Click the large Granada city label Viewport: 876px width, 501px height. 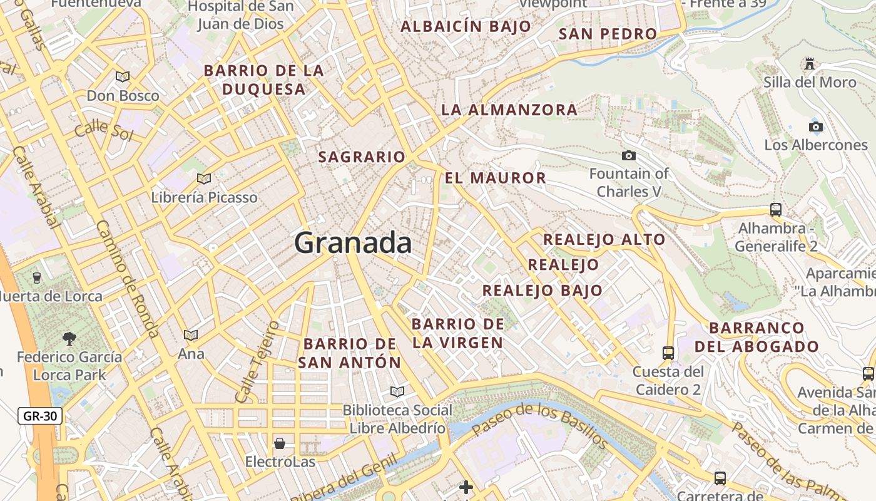point(353,242)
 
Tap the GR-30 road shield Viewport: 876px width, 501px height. point(40,415)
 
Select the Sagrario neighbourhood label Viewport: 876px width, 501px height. point(362,157)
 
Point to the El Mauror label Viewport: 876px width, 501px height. point(496,178)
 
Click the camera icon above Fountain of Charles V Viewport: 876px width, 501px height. point(629,155)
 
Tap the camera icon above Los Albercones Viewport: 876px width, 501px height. point(815,127)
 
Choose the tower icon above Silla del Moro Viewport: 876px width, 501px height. point(810,64)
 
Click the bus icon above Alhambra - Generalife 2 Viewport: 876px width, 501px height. point(776,209)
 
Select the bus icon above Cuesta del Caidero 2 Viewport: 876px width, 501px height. point(668,353)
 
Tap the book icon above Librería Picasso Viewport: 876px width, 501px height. point(204,178)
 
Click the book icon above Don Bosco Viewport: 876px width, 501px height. point(123,76)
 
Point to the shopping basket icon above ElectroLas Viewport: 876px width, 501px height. point(280,443)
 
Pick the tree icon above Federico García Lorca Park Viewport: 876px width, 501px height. point(69,339)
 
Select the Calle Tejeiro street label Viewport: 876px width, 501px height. point(257,362)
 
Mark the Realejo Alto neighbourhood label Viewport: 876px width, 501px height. point(604,239)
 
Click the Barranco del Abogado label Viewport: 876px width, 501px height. point(756,337)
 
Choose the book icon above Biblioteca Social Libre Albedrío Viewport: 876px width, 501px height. point(397,391)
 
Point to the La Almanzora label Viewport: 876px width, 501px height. point(509,110)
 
